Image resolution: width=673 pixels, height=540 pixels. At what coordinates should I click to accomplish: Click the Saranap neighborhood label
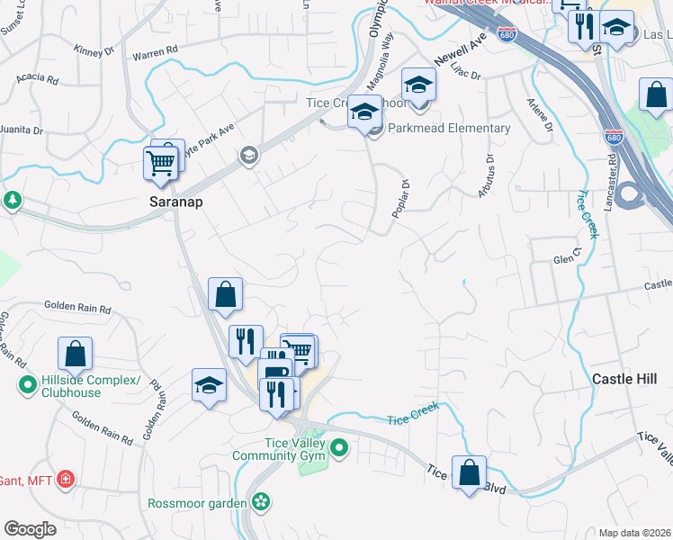[x=175, y=202]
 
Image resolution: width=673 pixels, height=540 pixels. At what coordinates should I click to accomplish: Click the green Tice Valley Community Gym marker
[x=339, y=446]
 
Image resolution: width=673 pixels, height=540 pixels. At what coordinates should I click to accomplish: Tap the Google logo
[x=31, y=529]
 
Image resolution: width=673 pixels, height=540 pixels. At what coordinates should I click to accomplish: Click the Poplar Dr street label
[x=402, y=197]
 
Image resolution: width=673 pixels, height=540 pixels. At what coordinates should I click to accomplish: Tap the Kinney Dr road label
[x=95, y=51]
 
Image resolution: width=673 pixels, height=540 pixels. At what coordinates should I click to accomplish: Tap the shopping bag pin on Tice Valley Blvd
[x=469, y=474]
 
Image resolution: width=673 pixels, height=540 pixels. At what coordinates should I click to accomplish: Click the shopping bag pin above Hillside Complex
[x=76, y=355]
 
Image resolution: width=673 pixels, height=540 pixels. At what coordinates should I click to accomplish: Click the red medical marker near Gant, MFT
[x=65, y=479]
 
